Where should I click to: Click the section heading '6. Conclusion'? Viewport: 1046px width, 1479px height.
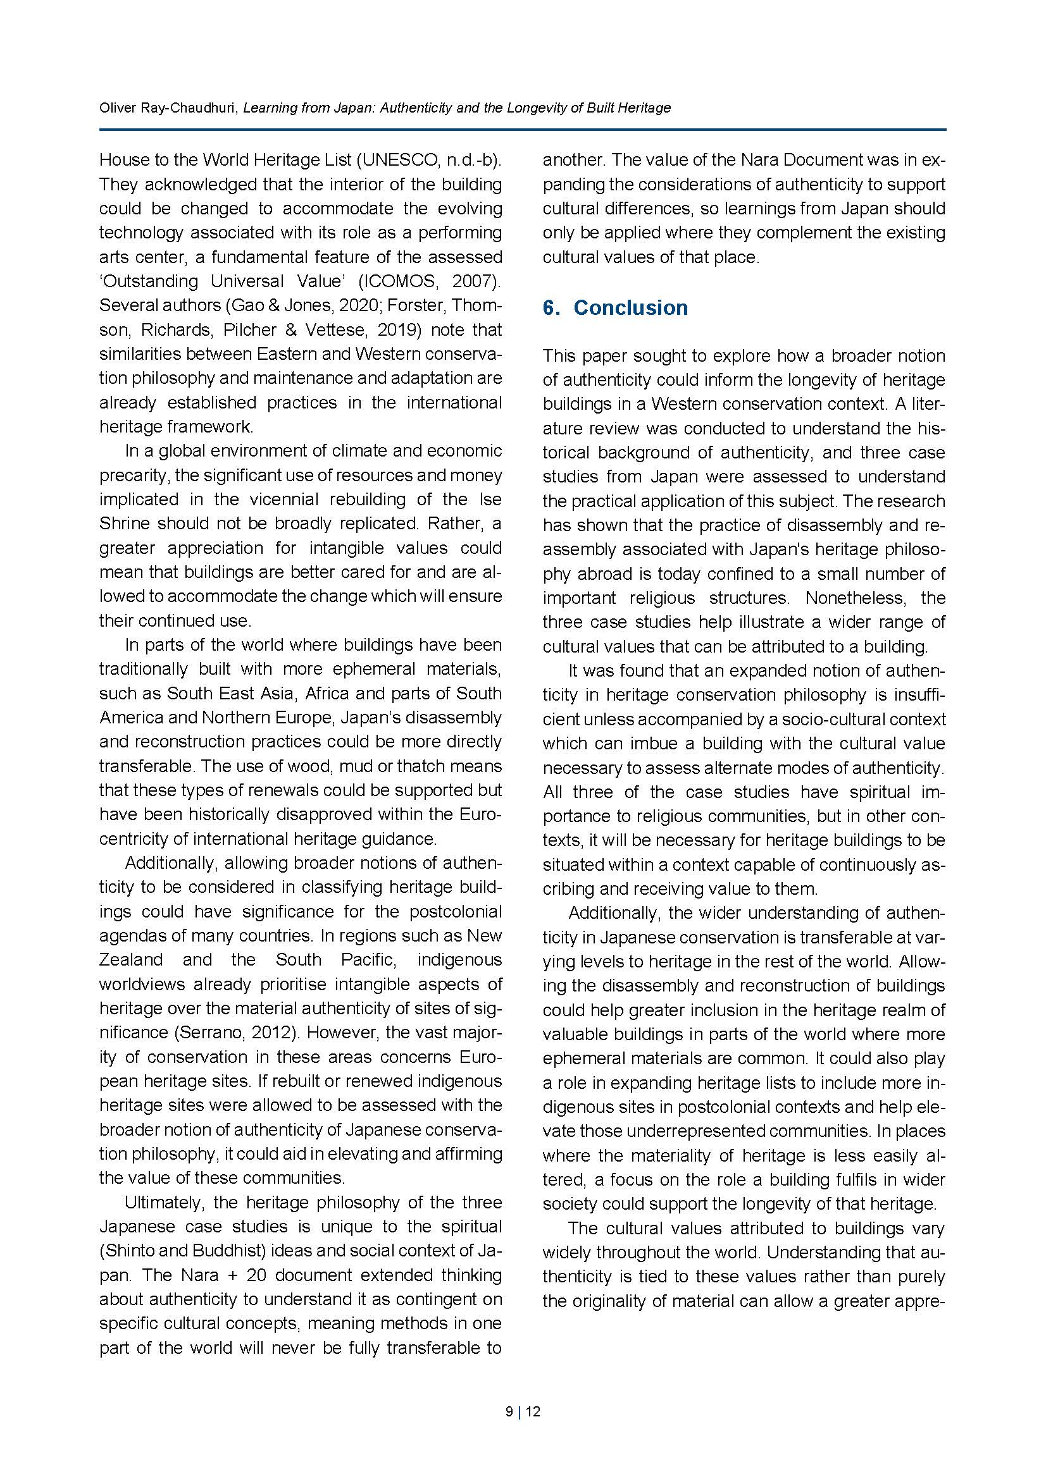[615, 308]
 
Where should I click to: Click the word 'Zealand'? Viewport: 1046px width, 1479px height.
[131, 960]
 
